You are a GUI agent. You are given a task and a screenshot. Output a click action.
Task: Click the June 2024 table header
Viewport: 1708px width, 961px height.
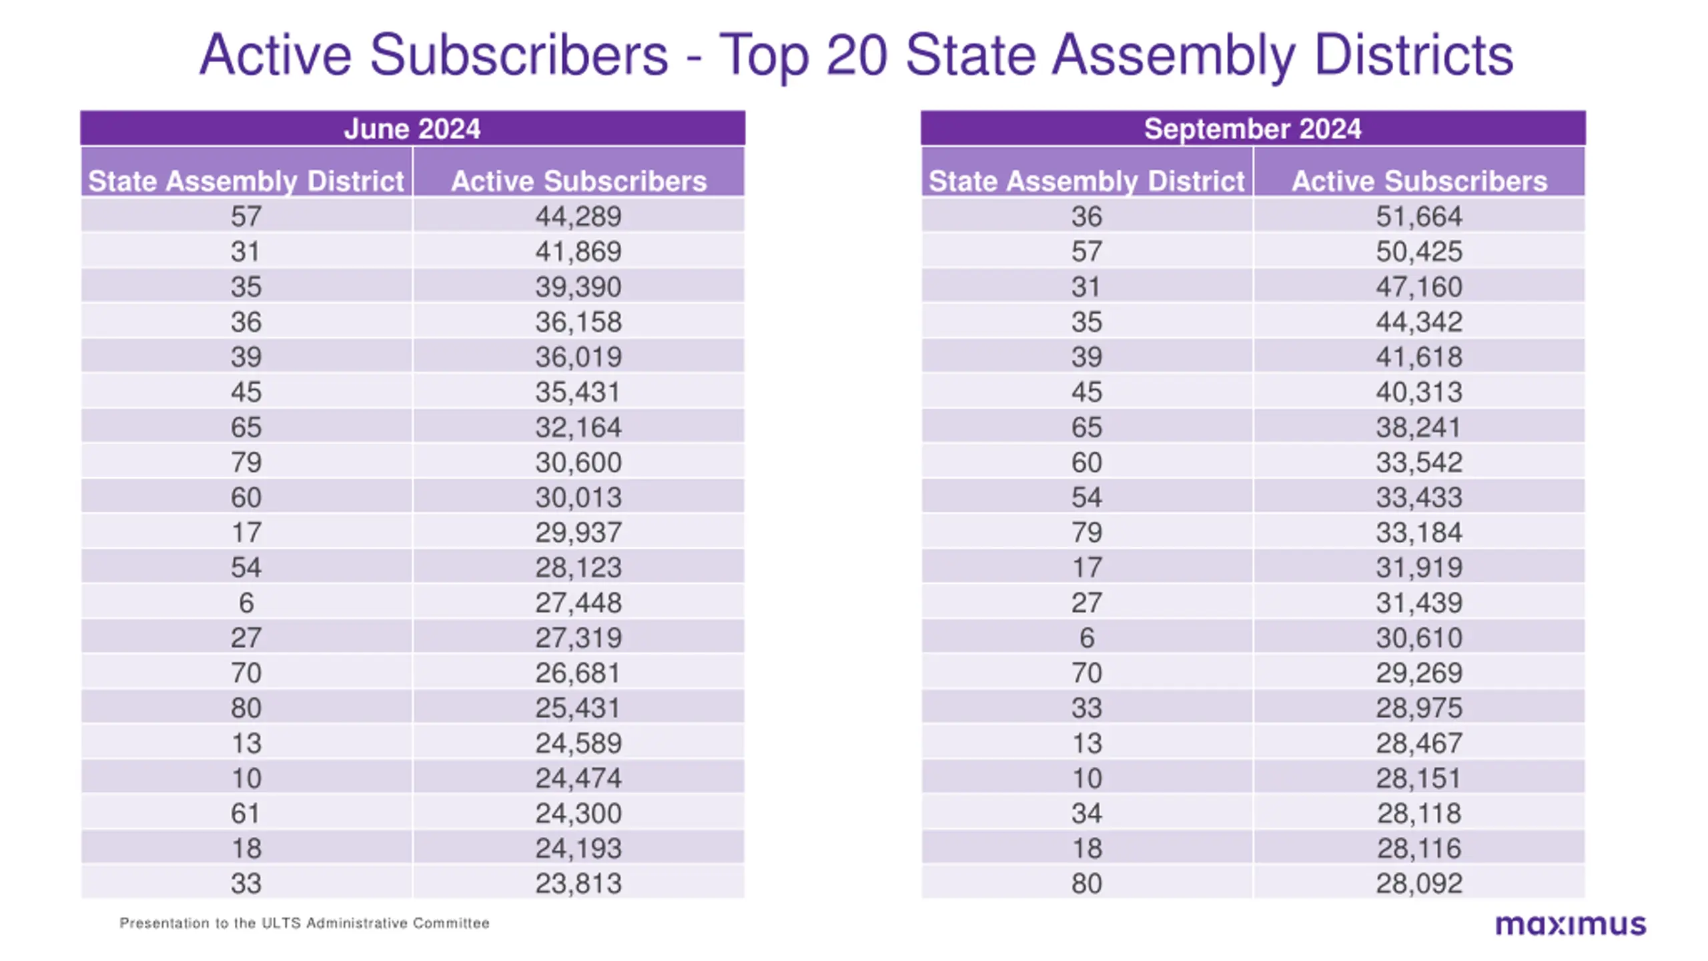[412, 129]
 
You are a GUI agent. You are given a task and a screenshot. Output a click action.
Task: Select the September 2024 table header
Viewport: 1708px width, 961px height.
[1252, 129]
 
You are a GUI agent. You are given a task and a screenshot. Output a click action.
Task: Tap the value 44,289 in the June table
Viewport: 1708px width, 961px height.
[578, 216]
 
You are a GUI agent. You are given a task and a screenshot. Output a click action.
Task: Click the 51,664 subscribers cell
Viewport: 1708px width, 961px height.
[1419, 216]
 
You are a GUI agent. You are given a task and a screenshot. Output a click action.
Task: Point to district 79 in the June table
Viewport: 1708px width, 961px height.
[246, 462]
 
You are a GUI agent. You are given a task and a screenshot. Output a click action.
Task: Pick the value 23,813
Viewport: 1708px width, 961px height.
[578, 884]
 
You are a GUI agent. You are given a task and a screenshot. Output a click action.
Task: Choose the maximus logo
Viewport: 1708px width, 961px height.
[1571, 925]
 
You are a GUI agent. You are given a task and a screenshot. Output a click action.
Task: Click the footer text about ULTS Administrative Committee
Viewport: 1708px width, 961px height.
[304, 923]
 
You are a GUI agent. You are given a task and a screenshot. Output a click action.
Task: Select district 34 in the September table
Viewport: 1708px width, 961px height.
[1087, 814]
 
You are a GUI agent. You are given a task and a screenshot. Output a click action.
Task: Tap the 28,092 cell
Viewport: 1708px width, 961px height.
[1419, 884]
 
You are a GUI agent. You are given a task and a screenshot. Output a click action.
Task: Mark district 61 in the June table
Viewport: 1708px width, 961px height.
[246, 814]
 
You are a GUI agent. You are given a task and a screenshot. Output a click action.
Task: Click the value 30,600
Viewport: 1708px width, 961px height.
[578, 462]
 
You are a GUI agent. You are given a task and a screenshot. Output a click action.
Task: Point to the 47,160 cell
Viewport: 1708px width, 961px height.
[1419, 286]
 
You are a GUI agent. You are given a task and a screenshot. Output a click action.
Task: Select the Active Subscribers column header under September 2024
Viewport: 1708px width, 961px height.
[1419, 181]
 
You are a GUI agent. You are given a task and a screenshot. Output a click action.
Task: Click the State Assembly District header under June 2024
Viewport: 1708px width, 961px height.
[246, 181]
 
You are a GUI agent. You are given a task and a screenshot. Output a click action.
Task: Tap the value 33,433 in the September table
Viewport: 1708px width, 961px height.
[1419, 497]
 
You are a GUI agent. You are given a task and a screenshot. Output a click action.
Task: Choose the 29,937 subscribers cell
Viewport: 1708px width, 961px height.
[578, 533]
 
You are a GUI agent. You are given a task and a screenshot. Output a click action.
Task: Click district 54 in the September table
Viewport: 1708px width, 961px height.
[1087, 497]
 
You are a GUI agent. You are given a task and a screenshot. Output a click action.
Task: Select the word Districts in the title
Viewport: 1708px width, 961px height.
[1414, 54]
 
